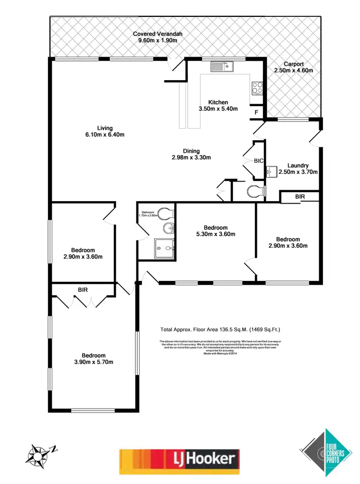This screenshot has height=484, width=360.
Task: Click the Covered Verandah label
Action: [158, 37]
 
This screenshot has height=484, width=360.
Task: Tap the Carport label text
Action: [293, 67]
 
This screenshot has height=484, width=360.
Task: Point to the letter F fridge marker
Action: [256, 112]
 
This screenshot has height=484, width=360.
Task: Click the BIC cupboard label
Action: [259, 161]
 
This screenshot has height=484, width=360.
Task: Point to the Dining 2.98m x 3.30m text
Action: [192, 154]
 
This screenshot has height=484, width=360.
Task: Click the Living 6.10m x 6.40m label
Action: [105, 131]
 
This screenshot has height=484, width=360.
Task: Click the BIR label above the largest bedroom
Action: [83, 290]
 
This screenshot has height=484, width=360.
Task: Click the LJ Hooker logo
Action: [179, 459]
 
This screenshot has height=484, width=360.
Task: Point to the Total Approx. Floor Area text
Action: [220, 329]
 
